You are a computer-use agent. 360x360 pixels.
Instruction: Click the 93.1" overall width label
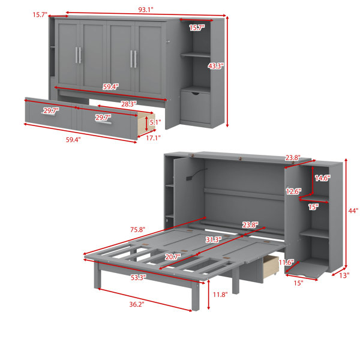[x=146, y=10]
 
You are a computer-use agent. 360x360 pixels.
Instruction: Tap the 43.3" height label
[x=215, y=66]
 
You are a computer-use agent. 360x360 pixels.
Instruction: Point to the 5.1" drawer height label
[x=155, y=122]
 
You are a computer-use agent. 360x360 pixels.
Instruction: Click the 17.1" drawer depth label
[x=153, y=138]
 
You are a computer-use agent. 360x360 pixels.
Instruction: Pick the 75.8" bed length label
[x=138, y=229]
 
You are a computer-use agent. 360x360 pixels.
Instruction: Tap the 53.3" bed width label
[x=139, y=278]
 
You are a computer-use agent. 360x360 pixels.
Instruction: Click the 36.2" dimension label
[x=137, y=304]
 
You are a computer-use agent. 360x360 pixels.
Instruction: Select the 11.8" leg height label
[x=220, y=295]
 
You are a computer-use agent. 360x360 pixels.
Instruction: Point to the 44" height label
[x=353, y=211]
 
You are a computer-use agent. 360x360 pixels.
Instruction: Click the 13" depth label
[x=344, y=275]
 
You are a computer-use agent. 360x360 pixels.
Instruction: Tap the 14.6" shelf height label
[x=323, y=178]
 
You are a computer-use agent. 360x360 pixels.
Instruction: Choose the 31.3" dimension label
[x=213, y=239]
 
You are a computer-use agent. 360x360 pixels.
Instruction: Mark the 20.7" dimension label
[x=173, y=257]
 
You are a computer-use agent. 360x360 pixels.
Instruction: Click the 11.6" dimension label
[x=286, y=262]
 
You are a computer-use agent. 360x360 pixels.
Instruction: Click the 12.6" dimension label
[x=293, y=191]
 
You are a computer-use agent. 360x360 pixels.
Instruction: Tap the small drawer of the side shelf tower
[x=195, y=107]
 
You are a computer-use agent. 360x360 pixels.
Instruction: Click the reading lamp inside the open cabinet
[x=196, y=175]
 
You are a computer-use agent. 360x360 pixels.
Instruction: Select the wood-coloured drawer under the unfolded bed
[x=271, y=267]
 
